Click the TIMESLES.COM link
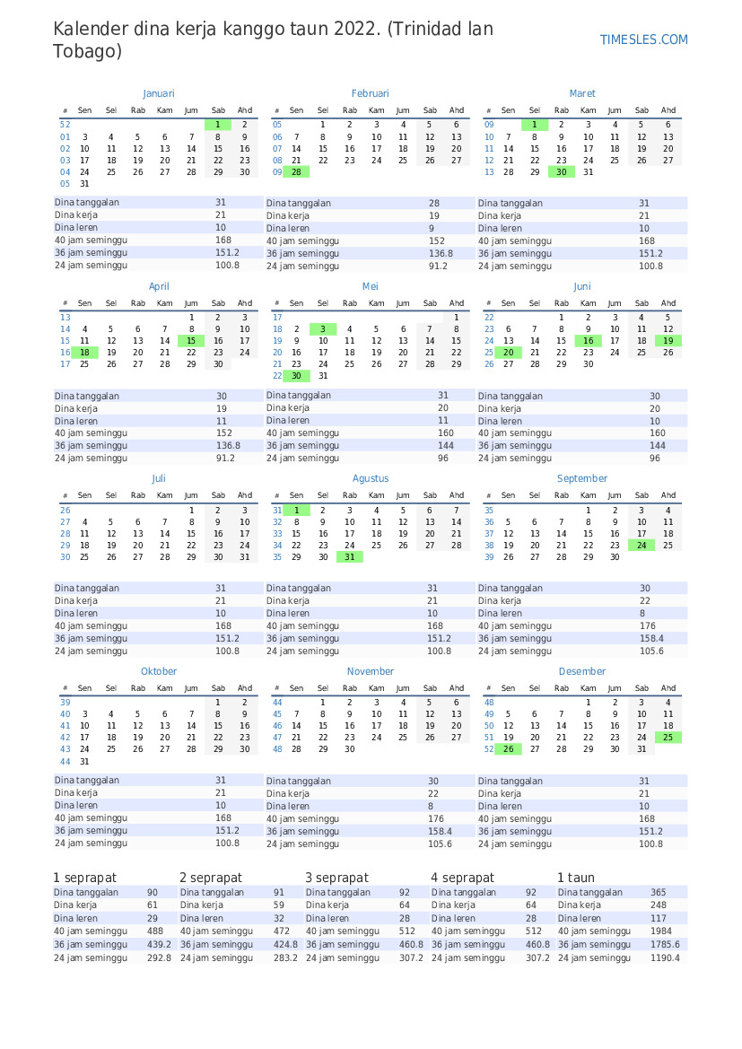[643, 39]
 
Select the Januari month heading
[159, 93]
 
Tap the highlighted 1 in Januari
[218, 125]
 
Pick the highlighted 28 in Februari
[297, 171]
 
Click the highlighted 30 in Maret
[562, 171]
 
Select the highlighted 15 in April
[191, 341]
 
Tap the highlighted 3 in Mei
[323, 329]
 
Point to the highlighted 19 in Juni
[668, 341]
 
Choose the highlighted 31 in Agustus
[350, 556]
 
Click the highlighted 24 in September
[642, 545]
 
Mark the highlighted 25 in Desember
[668, 737]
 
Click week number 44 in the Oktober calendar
[65, 761]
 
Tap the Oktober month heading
[159, 671]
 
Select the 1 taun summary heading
[576, 878]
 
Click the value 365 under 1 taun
[659, 892]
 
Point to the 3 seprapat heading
[336, 878]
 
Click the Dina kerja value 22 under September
[645, 600]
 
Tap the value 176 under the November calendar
[436, 818]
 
